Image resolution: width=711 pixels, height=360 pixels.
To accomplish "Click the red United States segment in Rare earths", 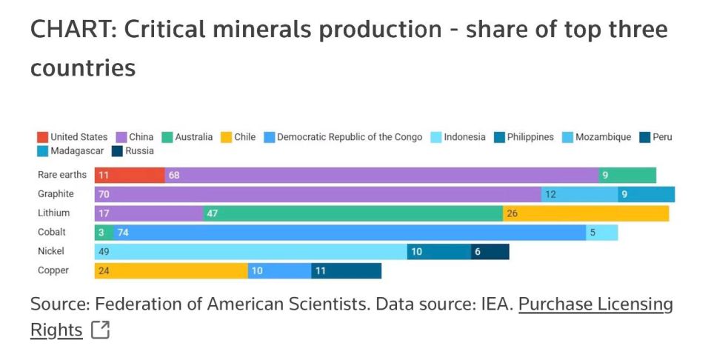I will (130, 175).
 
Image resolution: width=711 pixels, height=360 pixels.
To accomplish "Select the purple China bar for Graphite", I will (318, 194).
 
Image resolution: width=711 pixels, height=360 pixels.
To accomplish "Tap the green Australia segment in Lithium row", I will (353, 213).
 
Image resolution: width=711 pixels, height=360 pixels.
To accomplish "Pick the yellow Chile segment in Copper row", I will (171, 270).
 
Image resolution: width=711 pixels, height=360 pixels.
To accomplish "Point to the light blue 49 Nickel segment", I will (250, 252).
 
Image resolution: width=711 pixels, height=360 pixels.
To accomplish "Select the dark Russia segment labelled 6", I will (490, 252).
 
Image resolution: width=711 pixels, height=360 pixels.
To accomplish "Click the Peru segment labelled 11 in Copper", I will (346, 270).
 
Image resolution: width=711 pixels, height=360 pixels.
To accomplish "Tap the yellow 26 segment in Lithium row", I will (585, 213).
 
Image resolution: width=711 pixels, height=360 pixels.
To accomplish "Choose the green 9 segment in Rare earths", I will (627, 175).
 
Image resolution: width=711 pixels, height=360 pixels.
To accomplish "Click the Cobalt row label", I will (52, 233).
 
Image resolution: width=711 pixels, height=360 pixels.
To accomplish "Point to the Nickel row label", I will (51, 252).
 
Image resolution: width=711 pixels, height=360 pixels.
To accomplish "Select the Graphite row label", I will (56, 194).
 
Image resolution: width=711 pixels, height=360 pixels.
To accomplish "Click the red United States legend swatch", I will (43, 137).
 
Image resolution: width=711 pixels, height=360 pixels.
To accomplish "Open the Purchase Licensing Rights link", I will (595, 304).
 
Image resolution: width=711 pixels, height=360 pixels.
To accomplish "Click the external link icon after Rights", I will (100, 330).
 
